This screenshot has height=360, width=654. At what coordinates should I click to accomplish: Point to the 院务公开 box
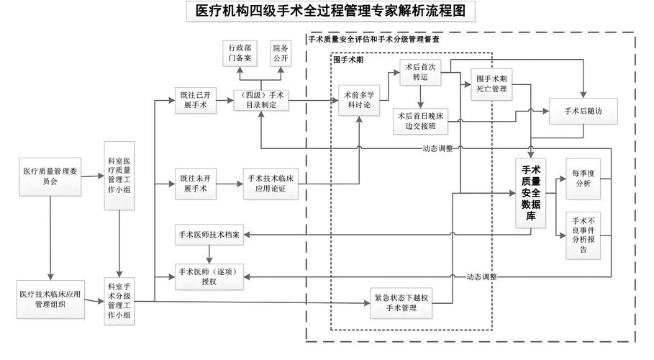coord(279,53)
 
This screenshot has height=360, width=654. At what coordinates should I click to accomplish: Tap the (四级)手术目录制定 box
coord(261,100)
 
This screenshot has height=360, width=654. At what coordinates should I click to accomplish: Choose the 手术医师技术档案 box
coord(209,235)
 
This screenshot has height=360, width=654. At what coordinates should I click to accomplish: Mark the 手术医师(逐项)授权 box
coord(209,277)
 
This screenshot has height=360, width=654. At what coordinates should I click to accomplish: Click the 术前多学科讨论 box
coord(358,100)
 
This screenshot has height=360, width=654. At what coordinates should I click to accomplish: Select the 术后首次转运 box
coord(420,72)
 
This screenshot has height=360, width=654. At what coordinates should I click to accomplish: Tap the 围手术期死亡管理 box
coord(492,84)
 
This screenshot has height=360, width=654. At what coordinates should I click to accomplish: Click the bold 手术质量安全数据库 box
coord(531,193)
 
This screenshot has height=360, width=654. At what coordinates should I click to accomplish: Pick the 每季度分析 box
coord(582,178)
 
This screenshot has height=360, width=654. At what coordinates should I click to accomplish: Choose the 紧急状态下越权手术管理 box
coord(402,305)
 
